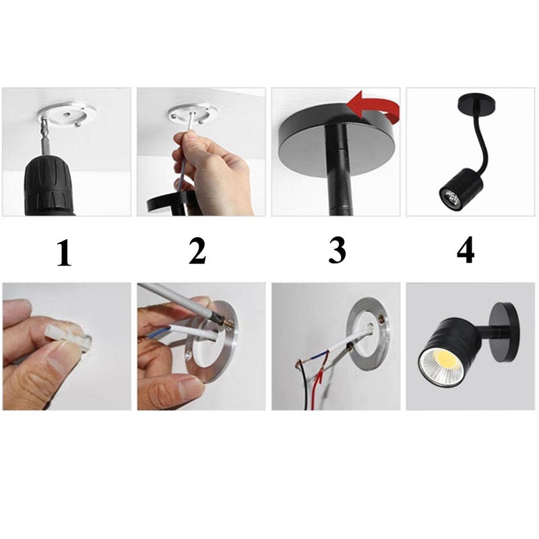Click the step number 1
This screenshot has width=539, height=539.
point(64,253)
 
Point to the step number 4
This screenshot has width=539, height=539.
point(466,250)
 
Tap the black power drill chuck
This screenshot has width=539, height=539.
point(49,186)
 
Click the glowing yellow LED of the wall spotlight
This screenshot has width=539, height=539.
point(443,362)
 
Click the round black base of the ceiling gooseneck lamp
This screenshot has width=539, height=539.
point(477,102)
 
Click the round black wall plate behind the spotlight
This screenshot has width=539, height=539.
point(505,331)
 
